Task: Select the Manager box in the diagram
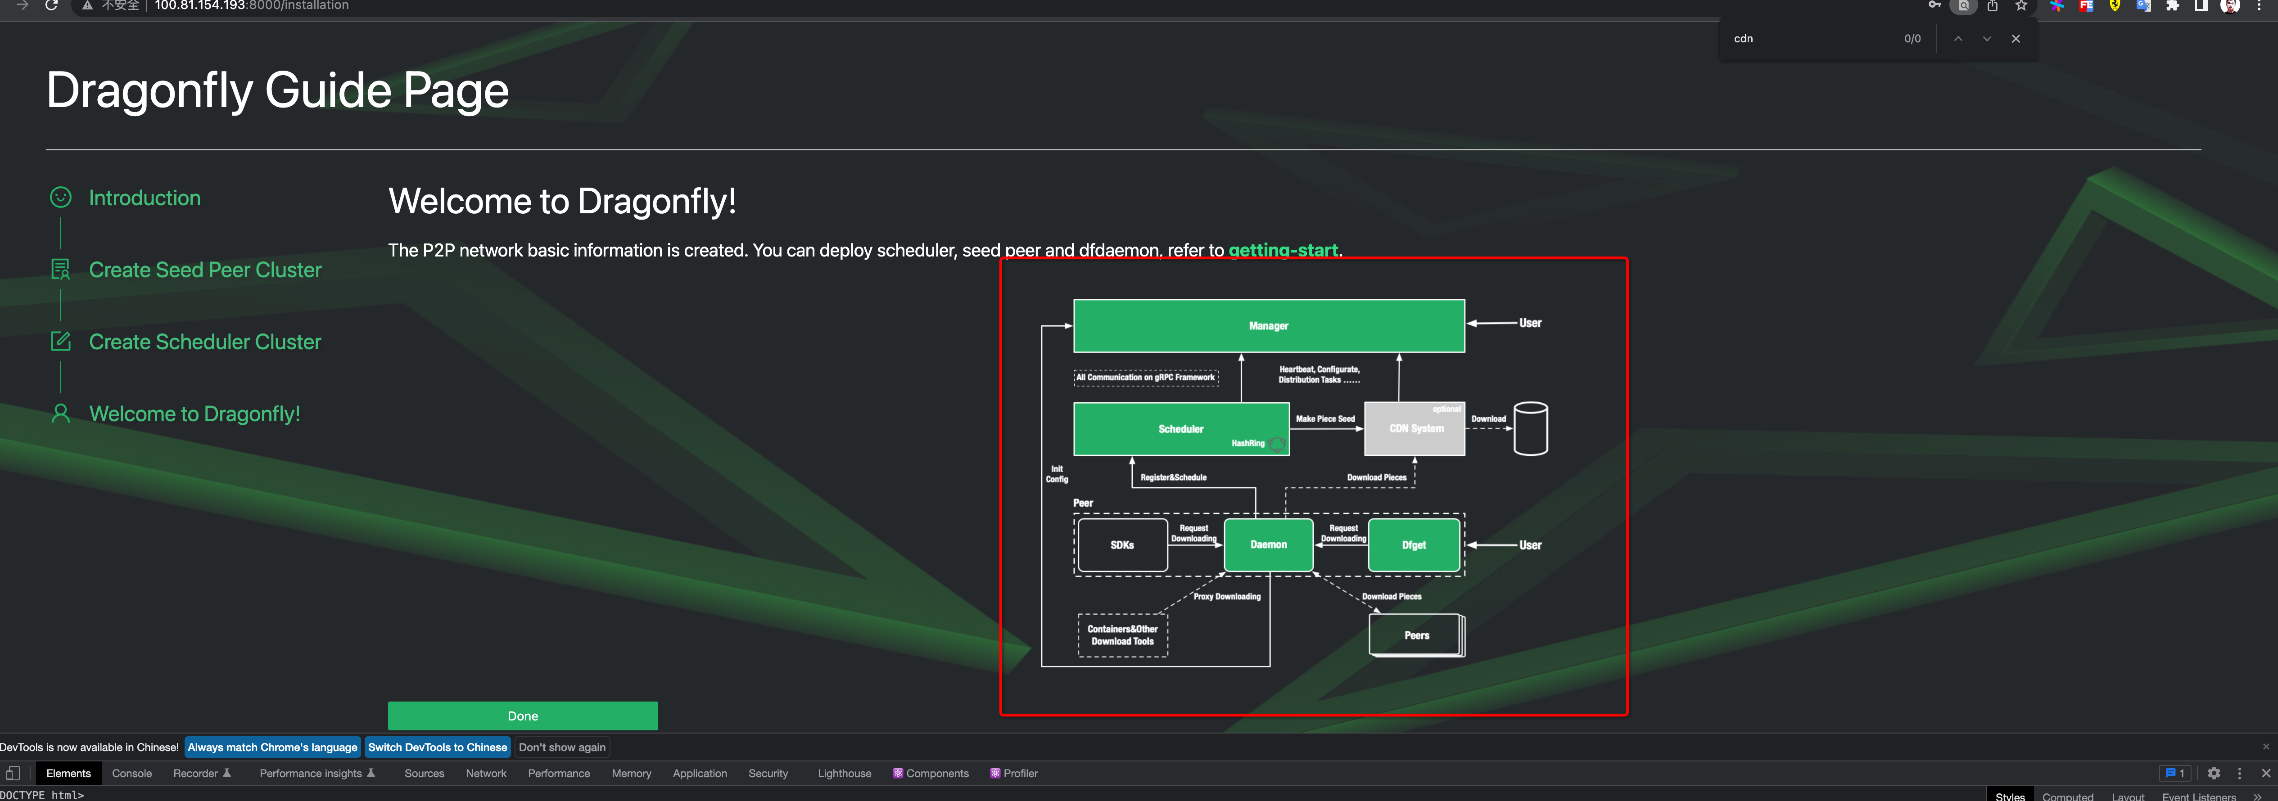(x=1268, y=325)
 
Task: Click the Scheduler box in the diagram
(x=1180, y=429)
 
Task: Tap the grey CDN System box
(x=1415, y=429)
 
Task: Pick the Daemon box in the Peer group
(x=1268, y=544)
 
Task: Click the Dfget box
(x=1413, y=544)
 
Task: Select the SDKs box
(x=1122, y=544)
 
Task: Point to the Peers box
(x=1416, y=635)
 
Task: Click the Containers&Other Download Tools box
(x=1122, y=635)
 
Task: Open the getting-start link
(x=1282, y=250)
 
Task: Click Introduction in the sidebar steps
(x=144, y=198)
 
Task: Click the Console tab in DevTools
(x=132, y=773)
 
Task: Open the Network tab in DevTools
(x=485, y=773)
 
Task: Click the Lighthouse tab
(x=844, y=773)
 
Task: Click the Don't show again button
(x=561, y=747)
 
